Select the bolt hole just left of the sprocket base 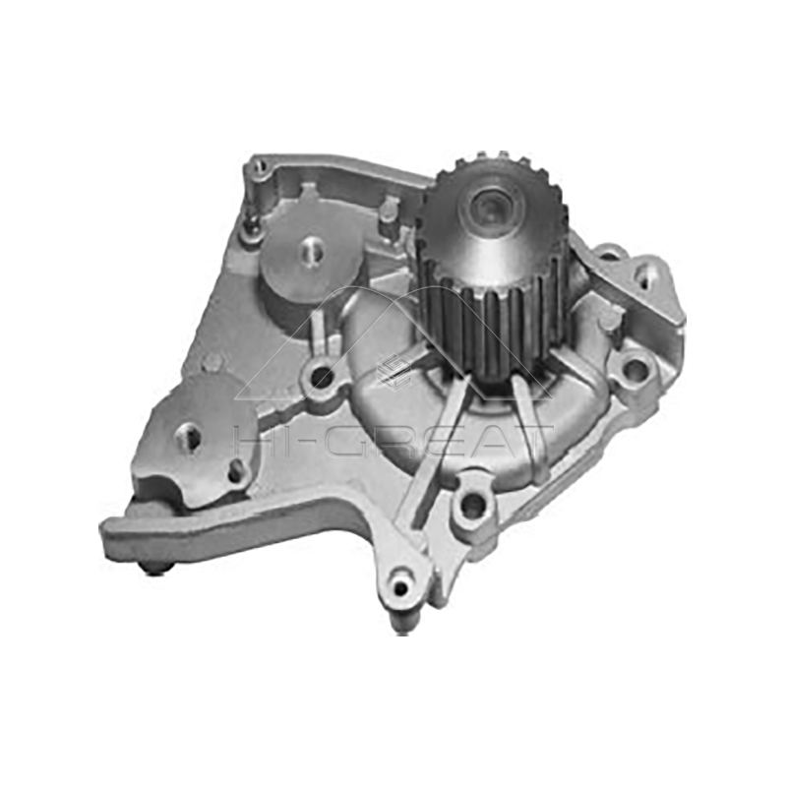pos(322,377)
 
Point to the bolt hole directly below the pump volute pos(473,505)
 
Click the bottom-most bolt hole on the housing pos(400,590)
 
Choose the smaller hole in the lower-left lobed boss pos(236,471)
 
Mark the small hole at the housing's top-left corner pos(259,168)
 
